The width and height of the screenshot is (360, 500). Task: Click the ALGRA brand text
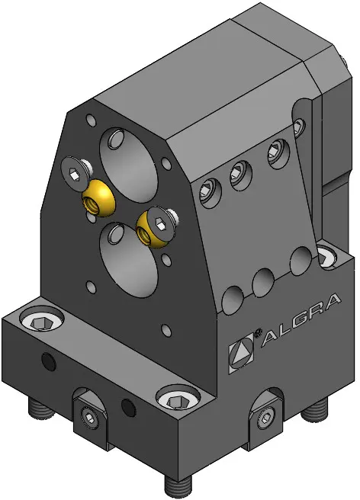pos(301,321)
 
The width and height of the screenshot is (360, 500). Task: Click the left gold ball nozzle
pos(98,197)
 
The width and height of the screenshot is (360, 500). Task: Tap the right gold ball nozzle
pos(151,228)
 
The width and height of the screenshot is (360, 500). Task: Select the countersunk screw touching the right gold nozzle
pos(160,222)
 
